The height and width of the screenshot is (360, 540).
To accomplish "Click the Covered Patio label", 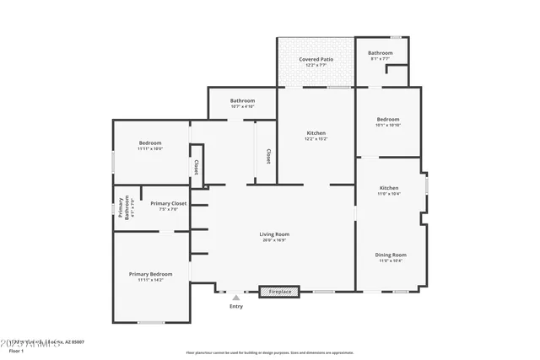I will (x=316, y=60).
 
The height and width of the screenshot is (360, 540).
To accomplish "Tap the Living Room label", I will (x=275, y=234).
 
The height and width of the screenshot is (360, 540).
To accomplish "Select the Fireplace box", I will (x=278, y=292).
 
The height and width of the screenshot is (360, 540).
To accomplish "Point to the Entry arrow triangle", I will (x=236, y=297).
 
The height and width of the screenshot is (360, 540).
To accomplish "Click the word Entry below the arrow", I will (x=236, y=306).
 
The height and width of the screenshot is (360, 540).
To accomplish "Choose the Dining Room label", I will (x=391, y=255).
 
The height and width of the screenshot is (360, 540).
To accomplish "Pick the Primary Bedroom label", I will (x=150, y=274).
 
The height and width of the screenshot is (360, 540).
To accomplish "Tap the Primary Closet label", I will (x=169, y=203).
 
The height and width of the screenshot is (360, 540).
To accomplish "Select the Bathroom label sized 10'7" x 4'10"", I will (x=242, y=100).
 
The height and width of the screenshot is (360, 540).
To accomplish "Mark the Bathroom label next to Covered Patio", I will (x=380, y=53).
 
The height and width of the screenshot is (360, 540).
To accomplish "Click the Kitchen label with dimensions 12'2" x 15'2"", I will (x=316, y=133).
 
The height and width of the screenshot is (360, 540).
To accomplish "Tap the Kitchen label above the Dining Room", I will (x=389, y=188).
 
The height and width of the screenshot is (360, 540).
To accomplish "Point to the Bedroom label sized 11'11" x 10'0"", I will (x=150, y=142).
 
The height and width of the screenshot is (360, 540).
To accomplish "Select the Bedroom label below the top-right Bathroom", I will (x=388, y=119).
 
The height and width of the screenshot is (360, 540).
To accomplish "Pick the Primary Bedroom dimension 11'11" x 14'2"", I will (x=150, y=280).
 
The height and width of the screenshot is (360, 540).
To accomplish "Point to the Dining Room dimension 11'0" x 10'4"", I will (x=391, y=261).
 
